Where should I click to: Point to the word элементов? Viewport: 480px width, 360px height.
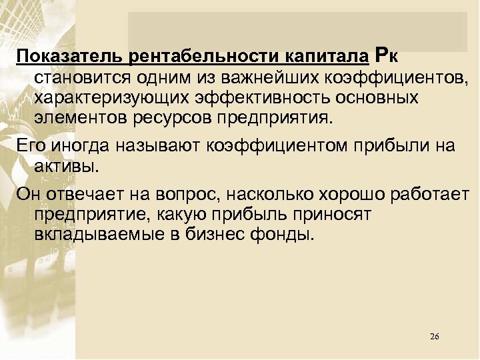[x=74, y=120]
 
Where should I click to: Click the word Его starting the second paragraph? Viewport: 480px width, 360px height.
[x=28, y=147]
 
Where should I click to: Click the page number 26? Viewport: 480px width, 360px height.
[x=435, y=336]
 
